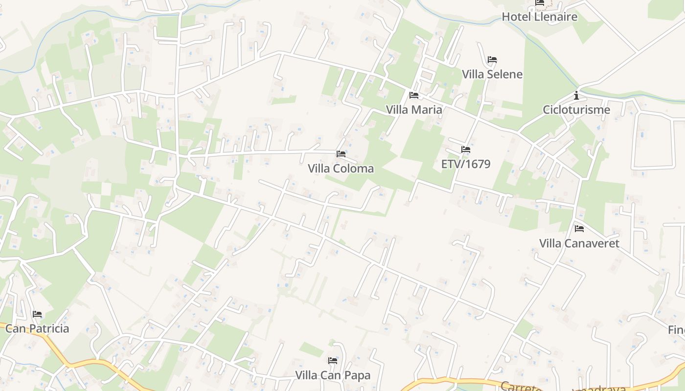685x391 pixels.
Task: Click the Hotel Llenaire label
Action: (539, 17)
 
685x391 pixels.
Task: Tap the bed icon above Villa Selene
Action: (492, 60)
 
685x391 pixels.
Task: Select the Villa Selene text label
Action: (492, 74)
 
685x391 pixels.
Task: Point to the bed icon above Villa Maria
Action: (414, 95)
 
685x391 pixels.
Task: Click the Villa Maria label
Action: (414, 109)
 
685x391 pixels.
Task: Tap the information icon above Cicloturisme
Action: (576, 95)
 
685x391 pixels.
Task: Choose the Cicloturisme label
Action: (576, 109)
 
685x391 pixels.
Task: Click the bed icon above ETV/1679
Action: (466, 150)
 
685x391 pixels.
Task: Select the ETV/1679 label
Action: (466, 164)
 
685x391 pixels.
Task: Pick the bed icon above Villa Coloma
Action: (341, 154)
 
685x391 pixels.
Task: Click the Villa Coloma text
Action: (341, 169)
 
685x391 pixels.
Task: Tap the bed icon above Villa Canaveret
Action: (579, 229)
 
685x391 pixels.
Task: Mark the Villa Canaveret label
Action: (579, 243)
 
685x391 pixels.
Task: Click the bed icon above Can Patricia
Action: (37, 314)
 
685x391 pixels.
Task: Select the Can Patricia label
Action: (37, 328)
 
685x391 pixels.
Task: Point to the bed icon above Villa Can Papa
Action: (333, 361)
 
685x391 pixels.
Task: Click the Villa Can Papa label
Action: (333, 375)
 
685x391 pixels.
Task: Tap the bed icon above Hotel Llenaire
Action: (540, 3)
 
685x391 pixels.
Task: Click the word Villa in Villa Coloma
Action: (320, 169)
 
